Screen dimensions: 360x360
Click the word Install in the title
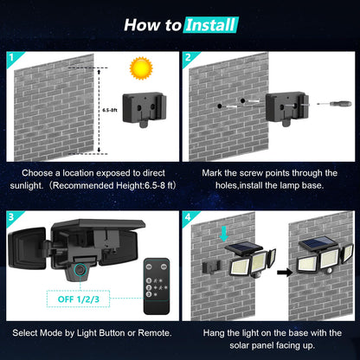209,24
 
